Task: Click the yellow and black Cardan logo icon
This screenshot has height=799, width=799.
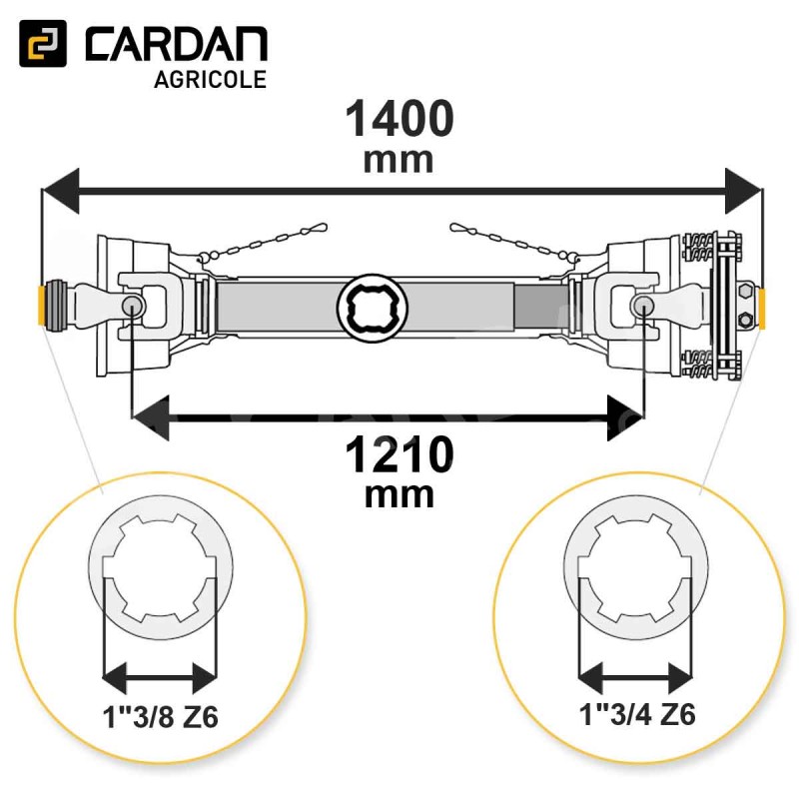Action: pos(43,43)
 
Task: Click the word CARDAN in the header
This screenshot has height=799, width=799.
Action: pos(177,44)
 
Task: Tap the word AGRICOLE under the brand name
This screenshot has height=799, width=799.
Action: pos(211,80)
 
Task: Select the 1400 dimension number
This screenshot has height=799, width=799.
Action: pos(399,118)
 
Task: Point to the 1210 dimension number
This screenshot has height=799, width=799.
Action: pos(399,455)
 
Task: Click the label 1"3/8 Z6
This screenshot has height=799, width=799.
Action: pos(161,716)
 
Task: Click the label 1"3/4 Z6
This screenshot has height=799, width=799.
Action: pos(637,714)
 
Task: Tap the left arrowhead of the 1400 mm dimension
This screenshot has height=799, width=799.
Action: pos(61,191)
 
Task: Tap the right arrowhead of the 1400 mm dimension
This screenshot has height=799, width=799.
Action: pos(743,191)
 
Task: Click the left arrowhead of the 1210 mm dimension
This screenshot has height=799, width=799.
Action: pos(151,418)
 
